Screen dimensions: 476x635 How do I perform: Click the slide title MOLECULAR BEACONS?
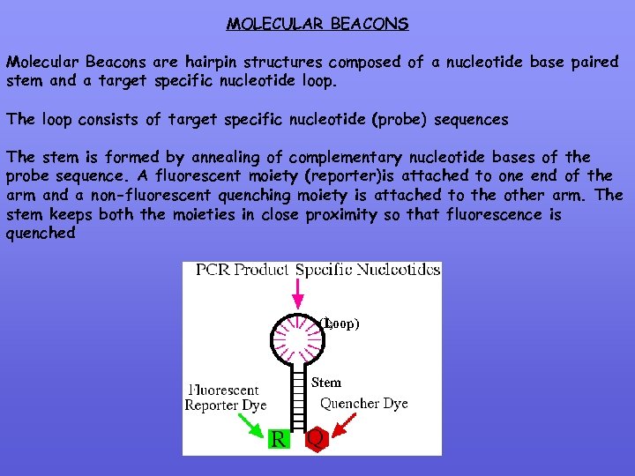click(317, 25)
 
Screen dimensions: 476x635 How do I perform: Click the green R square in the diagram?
click(278, 438)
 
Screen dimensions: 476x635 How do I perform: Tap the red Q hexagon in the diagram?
click(315, 438)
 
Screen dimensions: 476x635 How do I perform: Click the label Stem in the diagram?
click(326, 383)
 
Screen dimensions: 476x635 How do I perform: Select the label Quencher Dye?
click(363, 404)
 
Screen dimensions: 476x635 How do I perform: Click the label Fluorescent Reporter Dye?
click(225, 398)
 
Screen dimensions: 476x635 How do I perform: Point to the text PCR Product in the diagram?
click(241, 270)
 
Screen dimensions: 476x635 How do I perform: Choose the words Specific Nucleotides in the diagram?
click(368, 270)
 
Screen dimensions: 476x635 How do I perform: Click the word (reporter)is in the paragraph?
click(341, 176)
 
